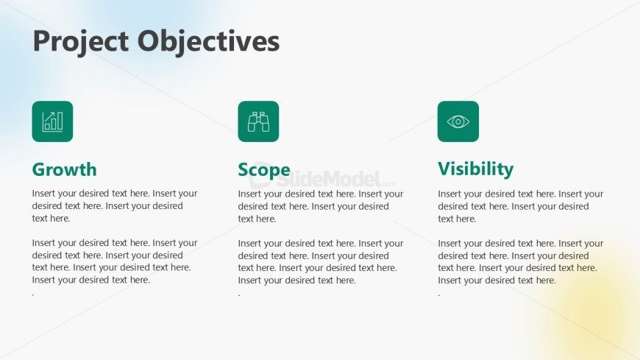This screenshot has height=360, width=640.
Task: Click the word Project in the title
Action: [81, 42]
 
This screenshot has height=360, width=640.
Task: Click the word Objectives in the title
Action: [209, 40]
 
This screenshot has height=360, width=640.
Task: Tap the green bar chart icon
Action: [52, 121]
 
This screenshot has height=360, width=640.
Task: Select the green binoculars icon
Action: [258, 121]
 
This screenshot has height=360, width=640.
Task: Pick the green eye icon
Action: [458, 121]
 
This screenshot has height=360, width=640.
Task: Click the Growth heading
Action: [65, 169]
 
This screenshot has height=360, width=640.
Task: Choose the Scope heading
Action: [264, 170]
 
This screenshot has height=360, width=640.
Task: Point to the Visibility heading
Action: [475, 169]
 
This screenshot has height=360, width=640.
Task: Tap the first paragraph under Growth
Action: [115, 205]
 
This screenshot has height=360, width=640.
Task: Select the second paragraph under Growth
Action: [115, 261]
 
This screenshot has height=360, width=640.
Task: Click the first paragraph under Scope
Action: [321, 206]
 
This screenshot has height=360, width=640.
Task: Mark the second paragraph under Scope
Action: [321, 261]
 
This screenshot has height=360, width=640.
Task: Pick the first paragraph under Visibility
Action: [521, 206]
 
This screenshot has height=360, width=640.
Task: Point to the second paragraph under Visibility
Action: [521, 261]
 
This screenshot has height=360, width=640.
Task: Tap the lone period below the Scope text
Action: [239, 295]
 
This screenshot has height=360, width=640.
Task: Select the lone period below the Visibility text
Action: [439, 295]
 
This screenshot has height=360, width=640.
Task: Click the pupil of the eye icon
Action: [458, 121]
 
